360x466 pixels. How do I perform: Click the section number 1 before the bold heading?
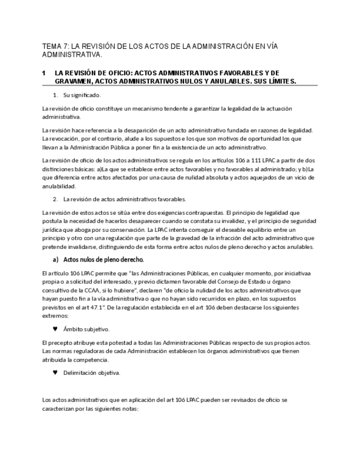click(43, 73)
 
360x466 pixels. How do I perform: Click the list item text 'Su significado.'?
click(82, 95)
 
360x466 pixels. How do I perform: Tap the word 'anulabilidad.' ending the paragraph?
click(60, 186)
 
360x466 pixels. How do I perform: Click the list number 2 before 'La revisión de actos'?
click(56, 199)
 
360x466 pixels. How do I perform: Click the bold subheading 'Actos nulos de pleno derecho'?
click(103, 259)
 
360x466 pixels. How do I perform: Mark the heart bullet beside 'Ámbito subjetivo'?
click(55, 329)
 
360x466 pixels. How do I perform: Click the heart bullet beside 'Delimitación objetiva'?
click(55, 373)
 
